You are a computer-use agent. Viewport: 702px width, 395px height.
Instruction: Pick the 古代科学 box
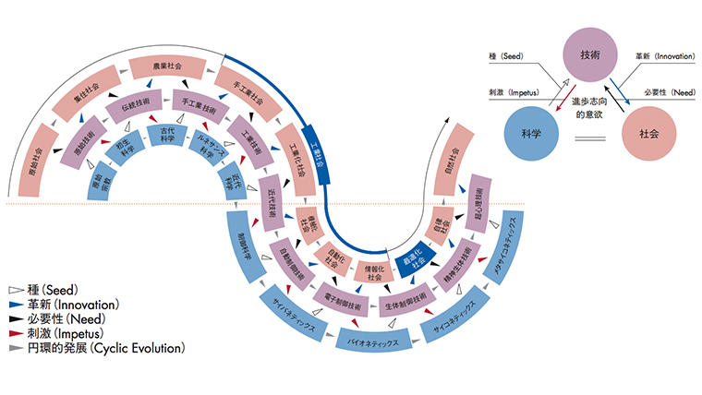click(167, 136)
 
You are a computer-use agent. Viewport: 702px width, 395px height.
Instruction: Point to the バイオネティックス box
click(369, 341)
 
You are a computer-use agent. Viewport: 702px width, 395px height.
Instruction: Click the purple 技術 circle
click(590, 55)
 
